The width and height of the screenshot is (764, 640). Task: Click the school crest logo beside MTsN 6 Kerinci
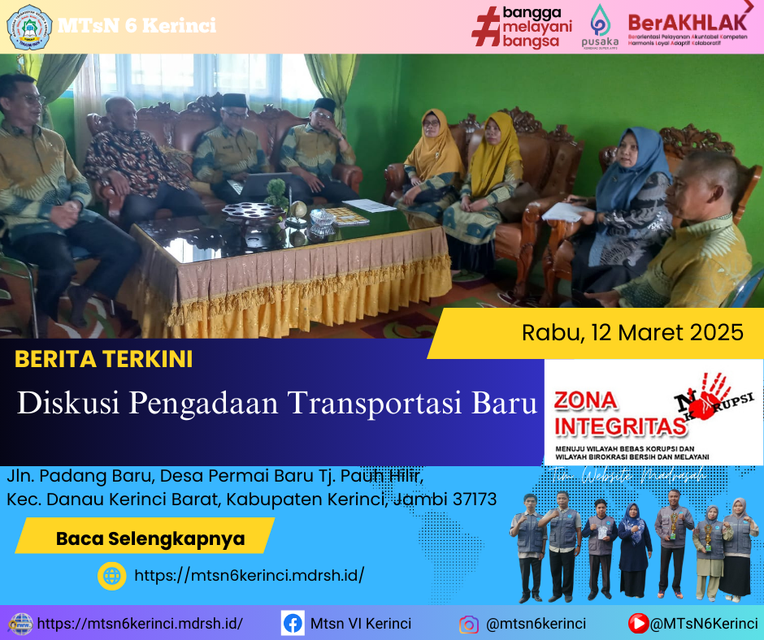(x=29, y=26)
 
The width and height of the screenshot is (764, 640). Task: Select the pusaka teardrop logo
(x=600, y=19)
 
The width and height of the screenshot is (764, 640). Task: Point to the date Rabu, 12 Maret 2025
(x=632, y=332)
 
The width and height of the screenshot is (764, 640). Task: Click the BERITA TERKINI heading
(x=104, y=359)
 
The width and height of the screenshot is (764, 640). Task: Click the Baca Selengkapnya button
(x=150, y=538)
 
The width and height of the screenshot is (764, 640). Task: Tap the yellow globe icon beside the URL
(x=111, y=576)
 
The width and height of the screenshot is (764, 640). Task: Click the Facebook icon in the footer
(x=293, y=624)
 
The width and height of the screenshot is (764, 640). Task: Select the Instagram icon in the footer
(x=469, y=624)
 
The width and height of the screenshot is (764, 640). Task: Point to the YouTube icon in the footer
(x=639, y=624)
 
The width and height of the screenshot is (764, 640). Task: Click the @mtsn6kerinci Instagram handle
(x=536, y=624)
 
